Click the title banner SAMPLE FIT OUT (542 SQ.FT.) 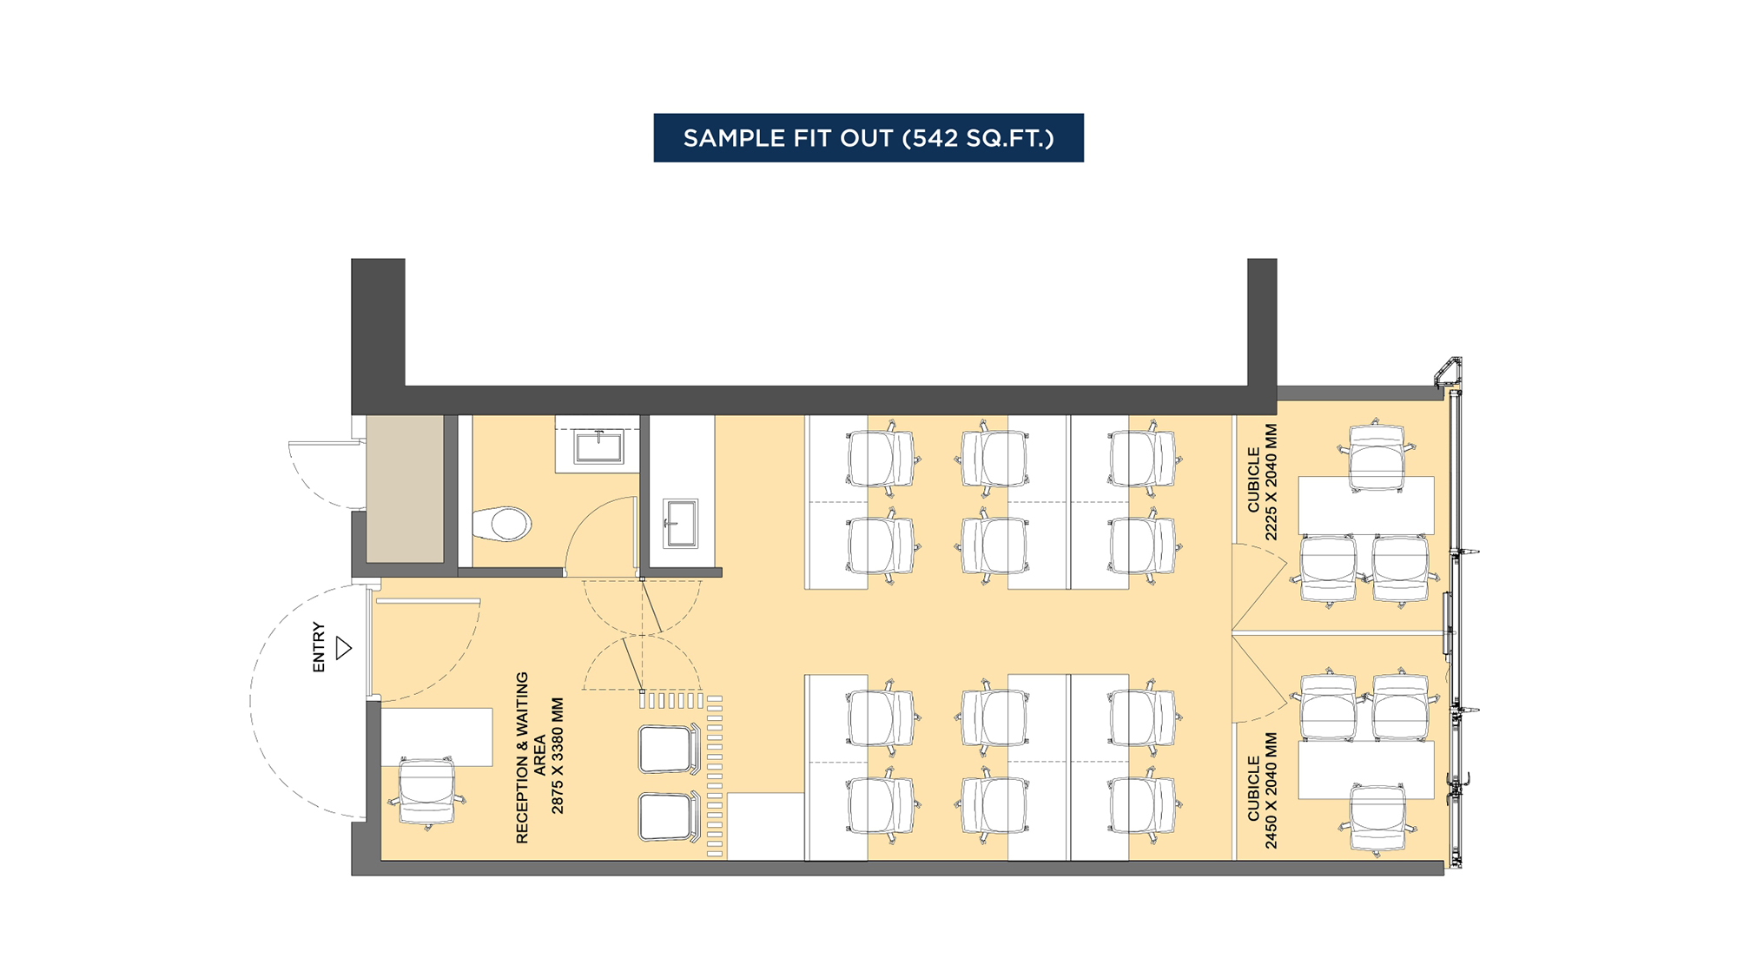click(868, 138)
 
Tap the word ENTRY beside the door click(319, 647)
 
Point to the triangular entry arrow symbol click(344, 648)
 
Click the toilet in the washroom click(503, 525)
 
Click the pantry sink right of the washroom click(680, 523)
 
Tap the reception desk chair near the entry click(426, 792)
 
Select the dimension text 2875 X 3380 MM click(558, 756)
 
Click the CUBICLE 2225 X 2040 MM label click(1262, 481)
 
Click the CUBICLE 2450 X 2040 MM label click(1262, 790)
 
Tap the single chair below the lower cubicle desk click(1377, 818)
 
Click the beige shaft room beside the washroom click(405, 488)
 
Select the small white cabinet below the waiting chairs click(765, 826)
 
